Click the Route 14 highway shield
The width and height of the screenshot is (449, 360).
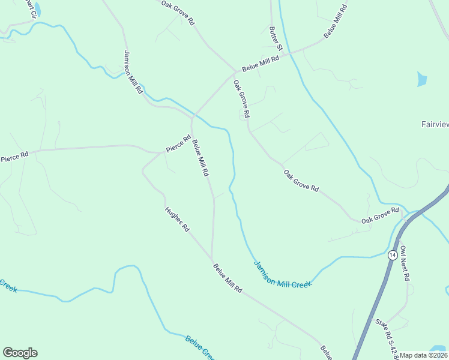tap(392, 254)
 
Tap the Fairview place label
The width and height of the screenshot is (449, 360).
tap(434, 125)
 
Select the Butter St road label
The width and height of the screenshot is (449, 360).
tap(276, 38)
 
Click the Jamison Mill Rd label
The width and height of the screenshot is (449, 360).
tap(133, 71)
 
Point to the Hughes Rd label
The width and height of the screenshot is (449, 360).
tap(177, 220)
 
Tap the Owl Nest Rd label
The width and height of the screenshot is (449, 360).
tap(405, 263)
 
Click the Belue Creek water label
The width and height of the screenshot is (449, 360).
tap(200, 348)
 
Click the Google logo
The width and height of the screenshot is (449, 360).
tap(20, 353)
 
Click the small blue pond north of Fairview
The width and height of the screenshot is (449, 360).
tap(422, 79)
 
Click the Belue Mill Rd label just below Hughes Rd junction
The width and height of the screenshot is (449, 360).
tap(228, 277)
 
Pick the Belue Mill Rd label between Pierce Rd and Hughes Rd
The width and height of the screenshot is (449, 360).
tap(200, 158)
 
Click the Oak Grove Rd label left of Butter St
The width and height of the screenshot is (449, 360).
tap(178, 13)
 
